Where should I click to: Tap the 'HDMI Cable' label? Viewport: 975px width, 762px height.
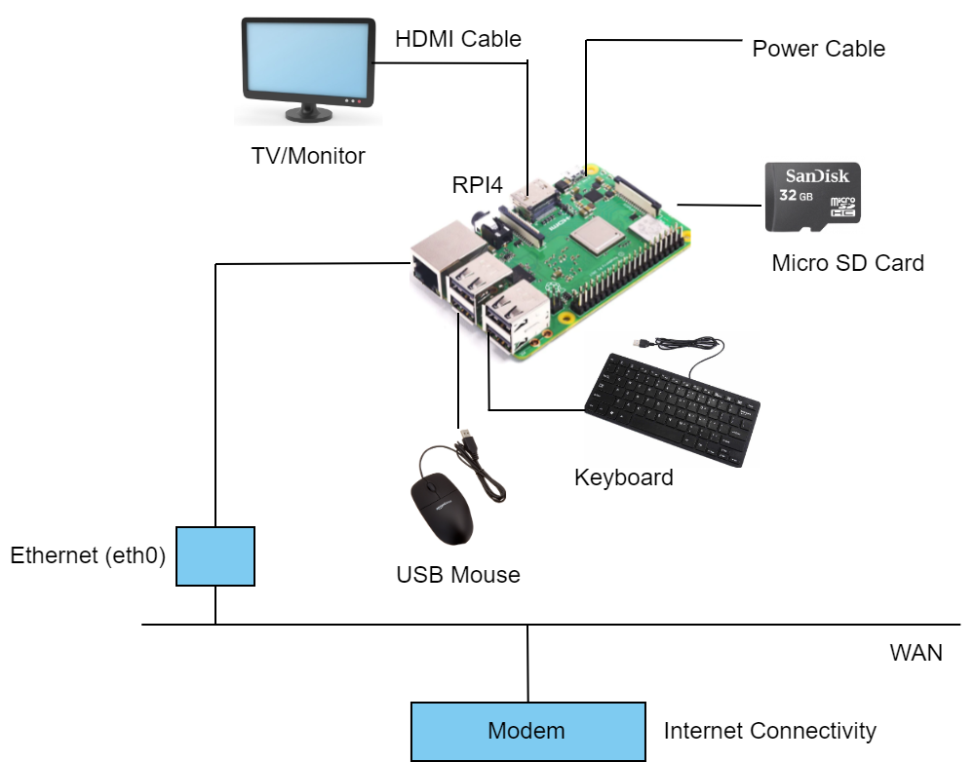coord(458,40)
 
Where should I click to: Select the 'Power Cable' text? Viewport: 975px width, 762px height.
coord(818,49)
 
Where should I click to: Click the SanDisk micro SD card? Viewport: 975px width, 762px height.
coord(812,197)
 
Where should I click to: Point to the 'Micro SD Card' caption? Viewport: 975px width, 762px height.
coord(847,262)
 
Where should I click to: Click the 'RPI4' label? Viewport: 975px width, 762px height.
coord(477,185)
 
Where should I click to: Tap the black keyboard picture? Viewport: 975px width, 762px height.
coord(673,404)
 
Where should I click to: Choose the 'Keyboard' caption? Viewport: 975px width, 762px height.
coord(623,477)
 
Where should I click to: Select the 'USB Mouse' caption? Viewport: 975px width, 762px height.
coord(457,575)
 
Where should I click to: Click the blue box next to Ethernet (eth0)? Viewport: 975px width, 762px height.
coord(215,556)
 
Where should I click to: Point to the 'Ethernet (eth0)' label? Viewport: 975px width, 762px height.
coord(88,556)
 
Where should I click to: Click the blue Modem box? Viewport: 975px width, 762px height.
coord(527,731)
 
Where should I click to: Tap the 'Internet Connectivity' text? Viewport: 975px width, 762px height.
coord(769,731)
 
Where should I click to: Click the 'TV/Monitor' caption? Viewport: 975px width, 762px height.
coord(307,155)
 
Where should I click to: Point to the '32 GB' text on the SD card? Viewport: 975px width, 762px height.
coord(799,196)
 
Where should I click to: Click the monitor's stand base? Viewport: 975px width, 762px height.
coord(308,116)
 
